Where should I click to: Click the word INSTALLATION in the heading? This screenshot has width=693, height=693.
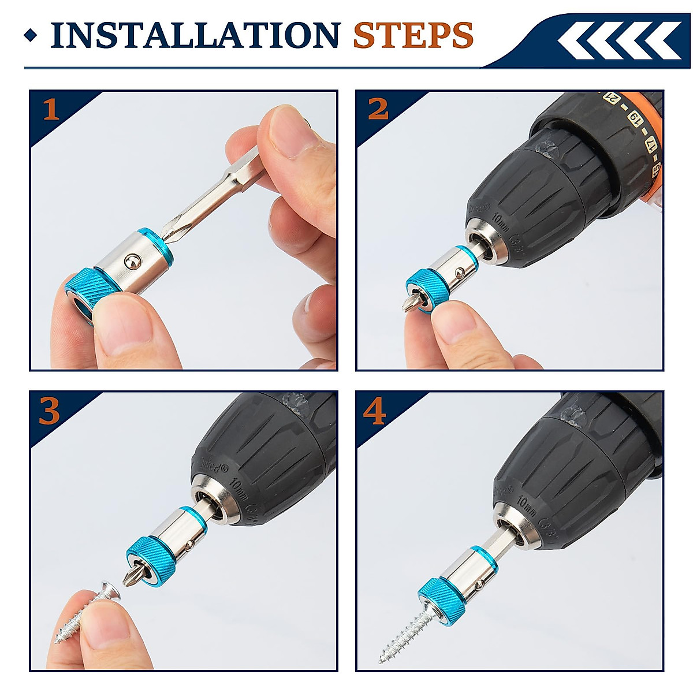pyautogui.click(x=195, y=35)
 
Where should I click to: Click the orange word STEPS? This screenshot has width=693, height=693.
pyautogui.click(x=413, y=35)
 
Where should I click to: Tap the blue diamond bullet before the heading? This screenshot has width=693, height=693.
pyautogui.click(x=31, y=36)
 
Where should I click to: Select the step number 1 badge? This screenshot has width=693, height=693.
pyautogui.click(x=51, y=109)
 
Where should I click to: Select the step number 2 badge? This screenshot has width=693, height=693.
pyautogui.click(x=378, y=109)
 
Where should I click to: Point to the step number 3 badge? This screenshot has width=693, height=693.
pyautogui.click(x=50, y=411)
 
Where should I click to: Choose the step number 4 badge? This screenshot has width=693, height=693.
pyautogui.click(x=375, y=411)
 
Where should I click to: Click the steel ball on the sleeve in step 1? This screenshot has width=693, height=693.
pyautogui.click(x=132, y=261)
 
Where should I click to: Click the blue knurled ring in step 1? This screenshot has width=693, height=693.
pyautogui.click(x=87, y=291)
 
